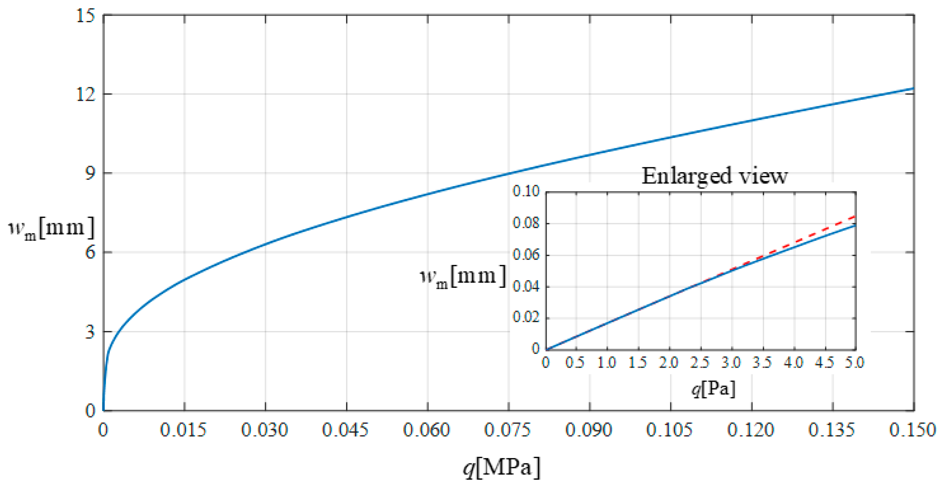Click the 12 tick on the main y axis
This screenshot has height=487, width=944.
(x=85, y=94)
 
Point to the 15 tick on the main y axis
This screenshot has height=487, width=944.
(x=85, y=16)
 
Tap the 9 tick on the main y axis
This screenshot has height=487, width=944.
(x=90, y=173)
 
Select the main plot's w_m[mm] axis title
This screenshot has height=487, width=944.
(x=51, y=229)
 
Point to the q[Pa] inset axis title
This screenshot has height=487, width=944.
(x=713, y=388)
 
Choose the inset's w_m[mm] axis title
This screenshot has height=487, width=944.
(x=463, y=277)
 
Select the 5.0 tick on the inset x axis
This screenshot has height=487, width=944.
(x=855, y=363)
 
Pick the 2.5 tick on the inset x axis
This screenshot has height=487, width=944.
(x=700, y=363)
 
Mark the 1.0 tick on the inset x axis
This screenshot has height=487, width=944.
(x=607, y=363)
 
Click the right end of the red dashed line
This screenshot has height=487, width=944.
(x=855, y=216)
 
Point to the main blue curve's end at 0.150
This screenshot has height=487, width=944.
(x=913, y=88)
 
